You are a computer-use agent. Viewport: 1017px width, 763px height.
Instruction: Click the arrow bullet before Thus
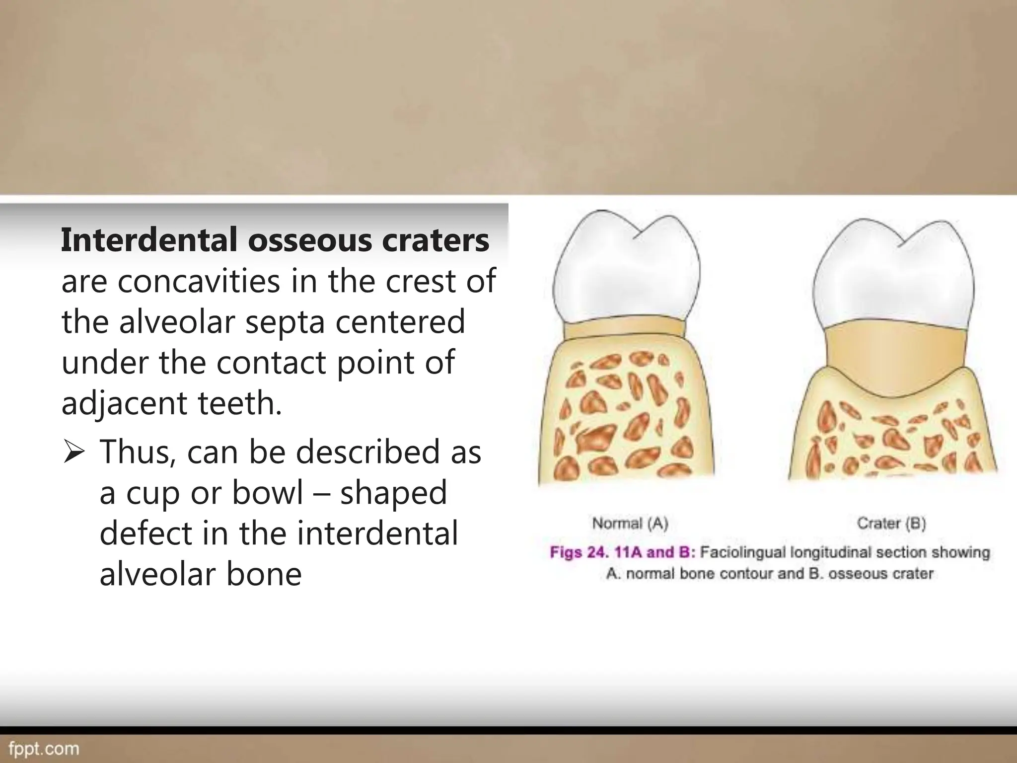point(73,453)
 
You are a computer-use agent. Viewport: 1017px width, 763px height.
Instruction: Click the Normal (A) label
point(630,523)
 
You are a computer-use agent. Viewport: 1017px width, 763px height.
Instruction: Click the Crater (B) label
point(891,523)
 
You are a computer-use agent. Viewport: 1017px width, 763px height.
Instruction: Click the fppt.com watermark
point(44,749)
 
